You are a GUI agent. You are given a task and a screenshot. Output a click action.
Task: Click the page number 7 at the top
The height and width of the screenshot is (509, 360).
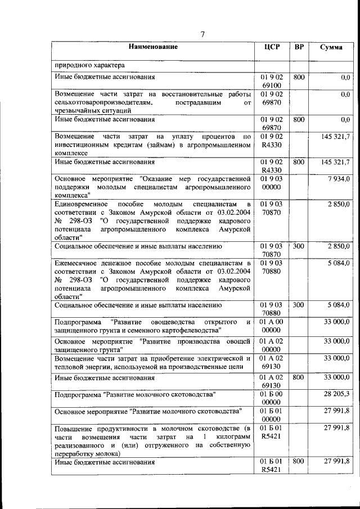pos(202,35)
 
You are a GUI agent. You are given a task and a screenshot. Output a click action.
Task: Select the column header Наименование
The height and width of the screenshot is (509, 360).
pos(152,47)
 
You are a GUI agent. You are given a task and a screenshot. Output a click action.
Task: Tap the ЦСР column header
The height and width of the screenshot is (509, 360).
pos(272,47)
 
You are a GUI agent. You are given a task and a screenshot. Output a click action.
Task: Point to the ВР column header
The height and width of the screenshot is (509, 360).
pos(299,47)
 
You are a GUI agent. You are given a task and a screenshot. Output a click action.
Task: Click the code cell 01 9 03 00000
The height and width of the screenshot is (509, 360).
pos(272,183)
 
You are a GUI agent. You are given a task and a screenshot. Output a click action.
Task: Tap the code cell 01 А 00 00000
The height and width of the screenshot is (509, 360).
pos(272,326)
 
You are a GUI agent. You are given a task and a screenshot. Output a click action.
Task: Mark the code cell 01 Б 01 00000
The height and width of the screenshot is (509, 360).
pos(272,415)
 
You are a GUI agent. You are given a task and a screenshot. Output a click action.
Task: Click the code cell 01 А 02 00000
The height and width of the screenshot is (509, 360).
pos(272,345)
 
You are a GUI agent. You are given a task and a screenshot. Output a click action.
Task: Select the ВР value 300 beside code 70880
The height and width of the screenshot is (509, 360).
pos(299,305)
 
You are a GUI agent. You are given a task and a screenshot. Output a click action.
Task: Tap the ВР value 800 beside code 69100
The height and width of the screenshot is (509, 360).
pos(299,76)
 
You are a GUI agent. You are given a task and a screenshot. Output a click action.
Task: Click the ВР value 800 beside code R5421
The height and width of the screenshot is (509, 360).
pos(299,461)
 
